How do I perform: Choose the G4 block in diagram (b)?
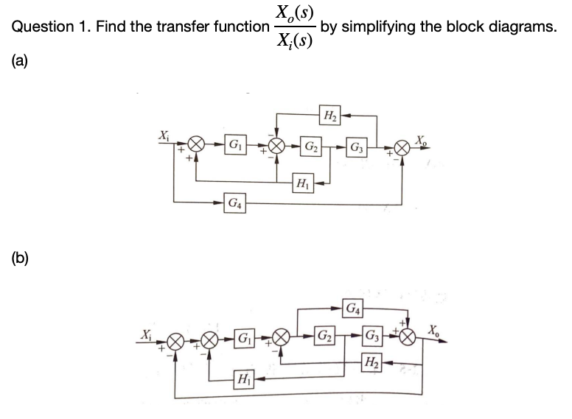click(354, 309)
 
